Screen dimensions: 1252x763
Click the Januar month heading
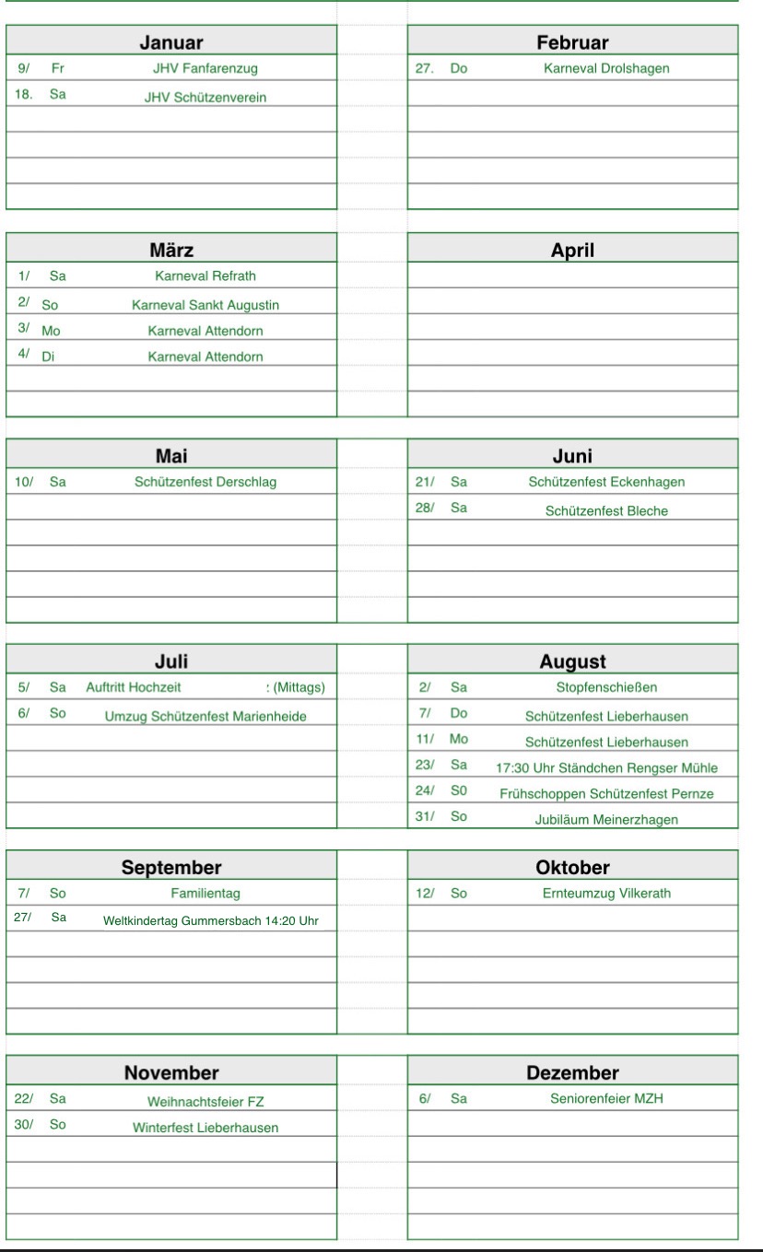click(171, 42)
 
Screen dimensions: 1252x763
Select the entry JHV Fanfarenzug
click(205, 68)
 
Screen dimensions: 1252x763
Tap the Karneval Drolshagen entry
click(606, 68)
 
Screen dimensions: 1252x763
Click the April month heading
click(572, 250)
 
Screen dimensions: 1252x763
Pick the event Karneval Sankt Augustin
click(205, 305)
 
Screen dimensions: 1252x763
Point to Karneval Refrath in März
click(205, 275)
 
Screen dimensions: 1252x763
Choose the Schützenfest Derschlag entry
click(205, 482)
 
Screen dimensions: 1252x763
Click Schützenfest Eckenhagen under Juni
click(606, 482)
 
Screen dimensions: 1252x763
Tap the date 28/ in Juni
click(425, 509)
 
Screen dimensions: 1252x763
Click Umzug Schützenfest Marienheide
click(205, 718)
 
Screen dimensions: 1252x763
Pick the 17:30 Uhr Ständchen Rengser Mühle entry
click(606, 768)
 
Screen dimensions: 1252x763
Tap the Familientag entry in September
click(205, 894)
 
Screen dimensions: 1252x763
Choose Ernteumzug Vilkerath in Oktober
click(606, 894)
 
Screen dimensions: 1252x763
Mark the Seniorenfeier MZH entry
click(606, 1099)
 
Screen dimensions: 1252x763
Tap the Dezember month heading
click(572, 1072)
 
